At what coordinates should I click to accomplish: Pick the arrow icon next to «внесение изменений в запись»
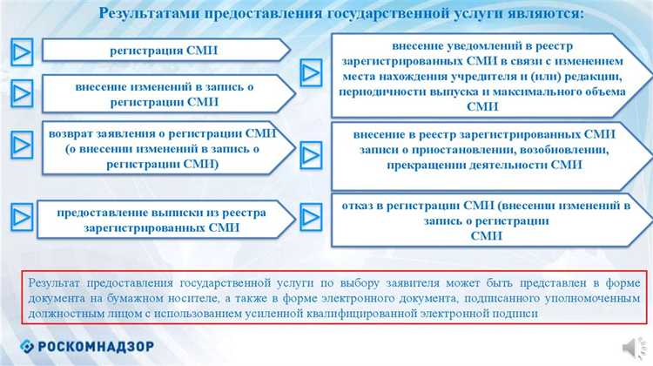click(21, 91)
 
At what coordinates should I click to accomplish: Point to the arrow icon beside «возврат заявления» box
click(21, 142)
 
